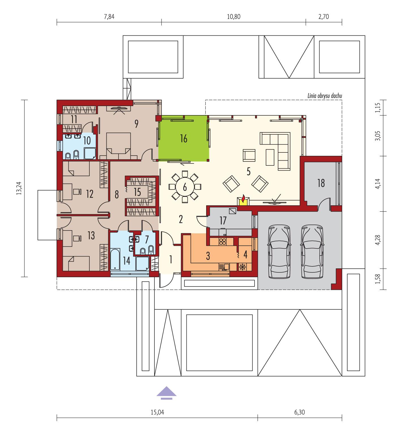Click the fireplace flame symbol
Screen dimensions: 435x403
(243, 200)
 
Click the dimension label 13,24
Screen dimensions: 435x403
(19, 188)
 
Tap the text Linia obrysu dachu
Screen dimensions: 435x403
(325, 96)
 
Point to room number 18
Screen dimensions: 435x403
(321, 183)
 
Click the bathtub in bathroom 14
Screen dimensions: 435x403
(115, 259)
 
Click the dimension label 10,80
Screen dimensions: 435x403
(233, 16)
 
